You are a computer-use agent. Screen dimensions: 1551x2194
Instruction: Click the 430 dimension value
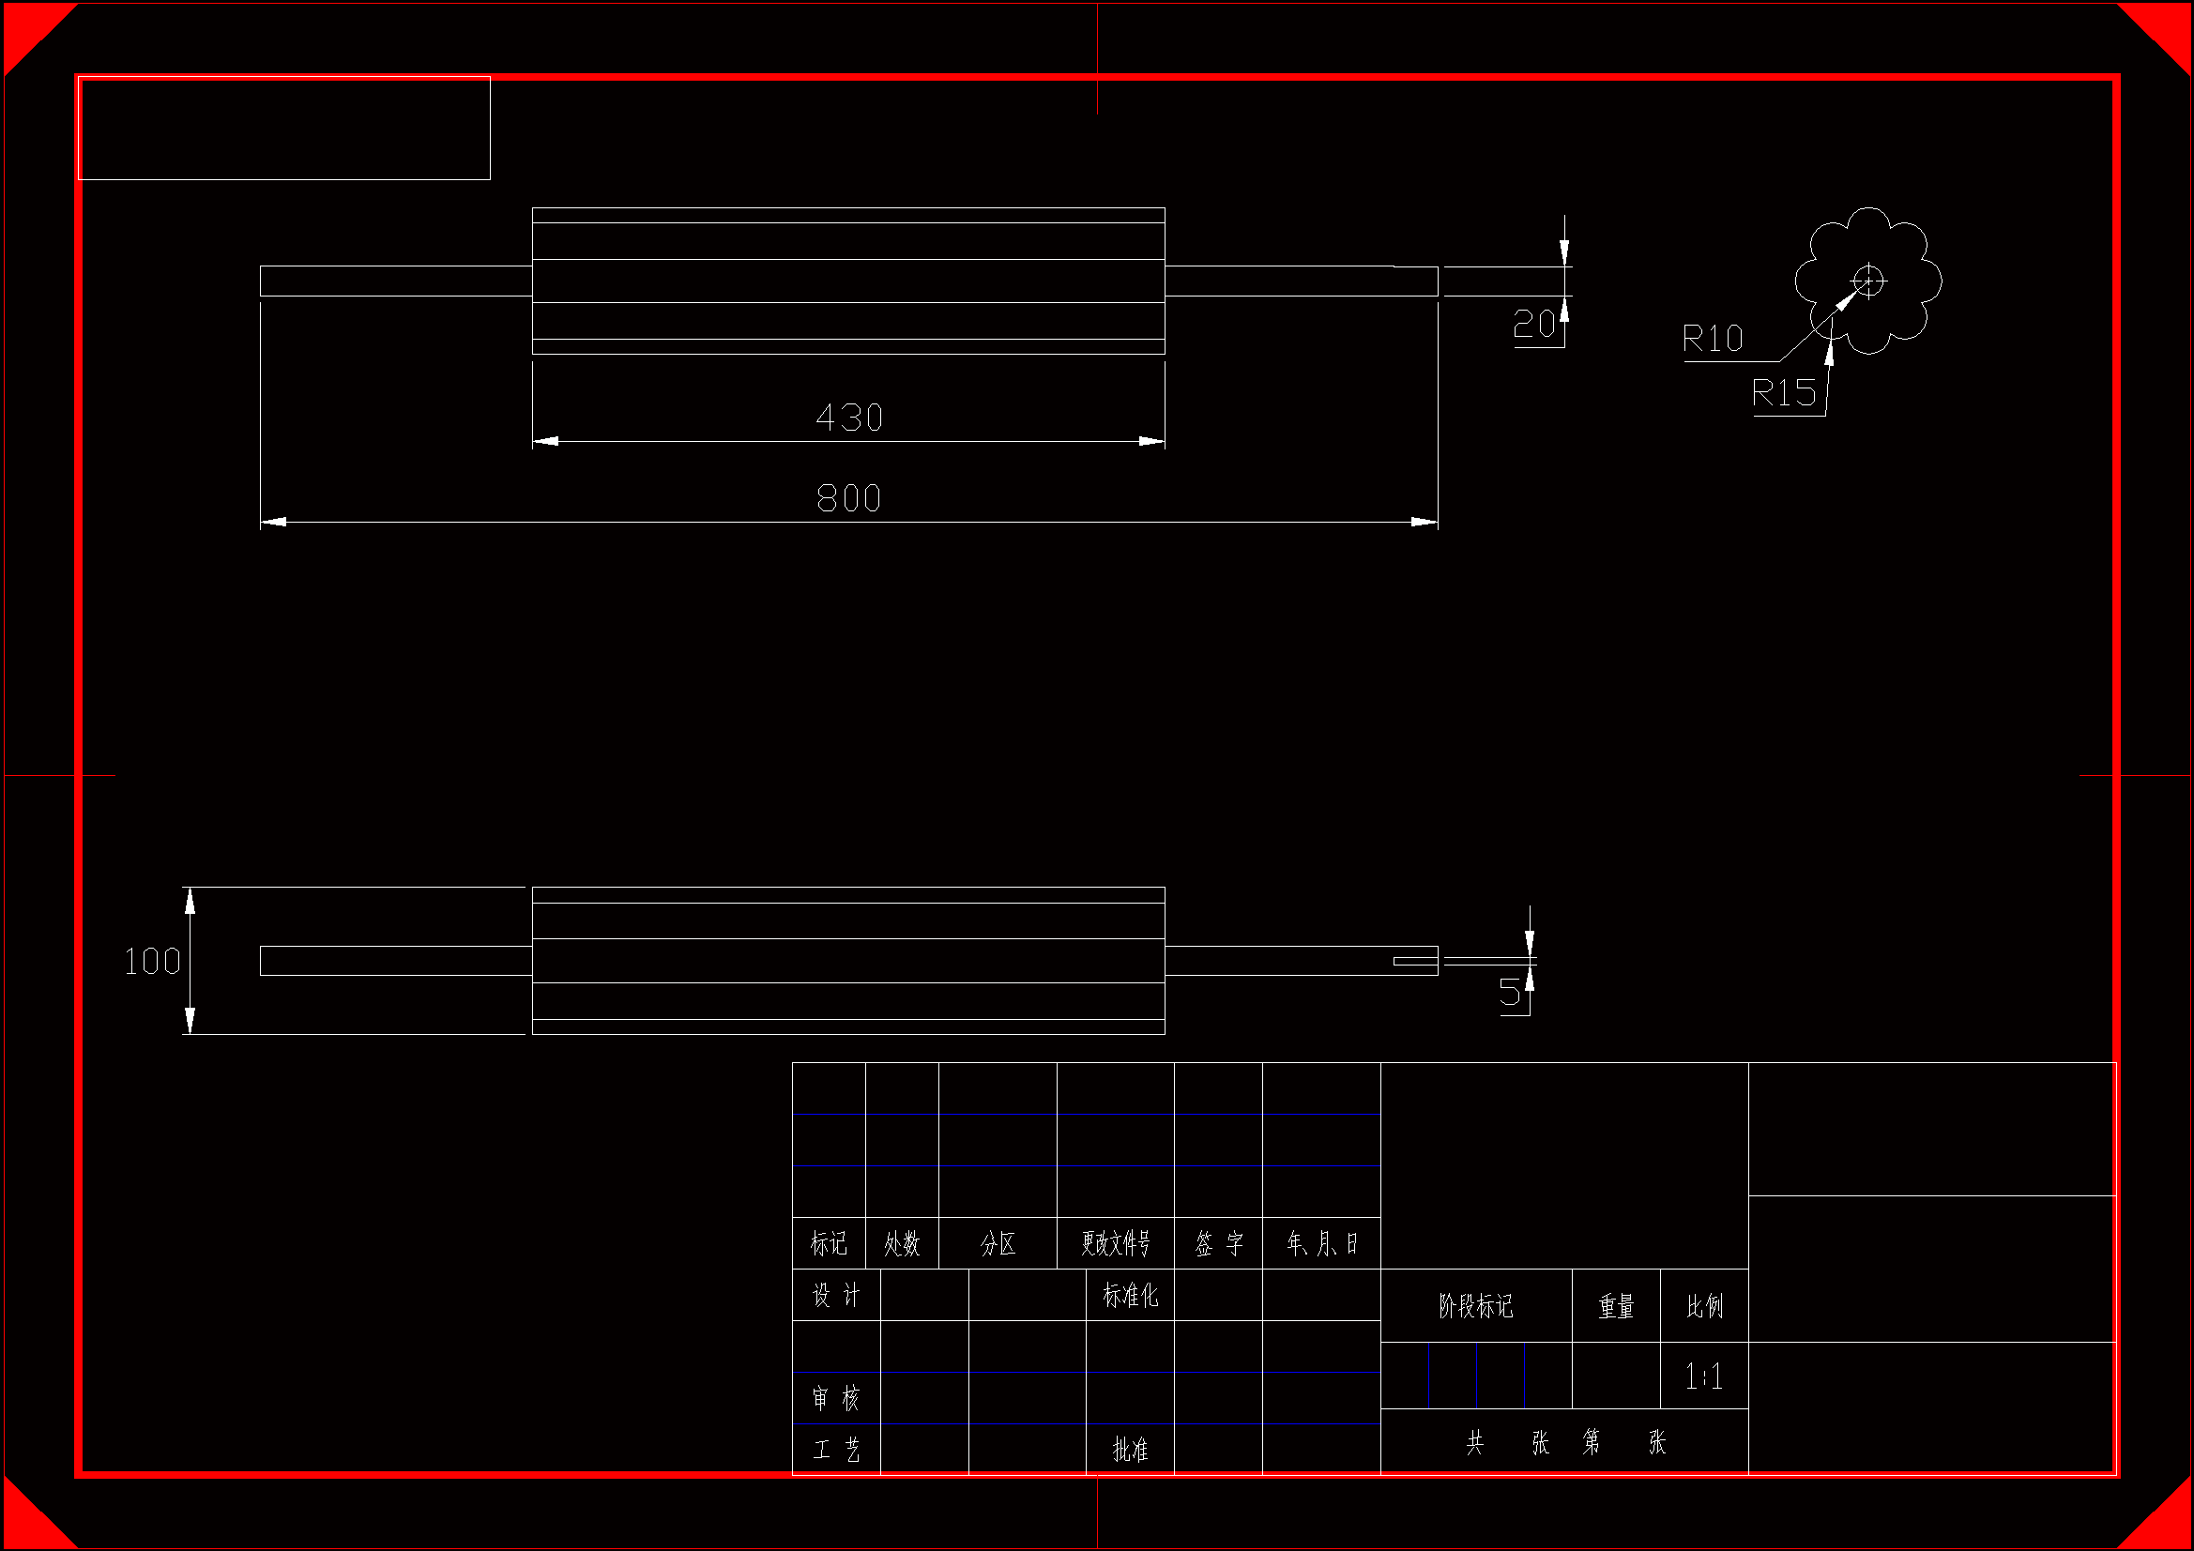(849, 418)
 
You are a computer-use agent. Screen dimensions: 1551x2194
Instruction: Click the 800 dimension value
(848, 498)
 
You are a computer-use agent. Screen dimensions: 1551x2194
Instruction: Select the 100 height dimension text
(152, 962)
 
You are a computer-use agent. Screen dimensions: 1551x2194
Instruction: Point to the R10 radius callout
(1713, 340)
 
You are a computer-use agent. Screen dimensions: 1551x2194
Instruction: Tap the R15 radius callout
(1783, 393)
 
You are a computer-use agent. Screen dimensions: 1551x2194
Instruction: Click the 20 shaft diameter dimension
(1533, 325)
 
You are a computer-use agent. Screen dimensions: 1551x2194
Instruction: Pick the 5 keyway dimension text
(1509, 992)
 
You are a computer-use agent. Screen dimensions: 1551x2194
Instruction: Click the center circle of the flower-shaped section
(1868, 281)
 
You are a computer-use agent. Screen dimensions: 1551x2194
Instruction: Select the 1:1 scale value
(1704, 1377)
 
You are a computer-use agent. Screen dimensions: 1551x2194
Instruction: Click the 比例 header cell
(1705, 1306)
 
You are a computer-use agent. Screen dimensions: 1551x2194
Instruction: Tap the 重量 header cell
(1617, 1306)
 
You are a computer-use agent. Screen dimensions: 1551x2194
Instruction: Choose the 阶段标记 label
(1476, 1306)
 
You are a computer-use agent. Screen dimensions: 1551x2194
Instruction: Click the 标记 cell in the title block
(829, 1243)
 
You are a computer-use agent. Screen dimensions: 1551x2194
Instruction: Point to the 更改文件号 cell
(1115, 1243)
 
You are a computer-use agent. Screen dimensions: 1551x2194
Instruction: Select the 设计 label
(836, 1295)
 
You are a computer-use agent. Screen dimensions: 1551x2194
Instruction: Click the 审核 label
(836, 1398)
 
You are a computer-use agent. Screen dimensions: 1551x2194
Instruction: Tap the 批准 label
(1131, 1450)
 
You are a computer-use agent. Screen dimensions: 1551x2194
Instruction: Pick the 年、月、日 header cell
(1321, 1243)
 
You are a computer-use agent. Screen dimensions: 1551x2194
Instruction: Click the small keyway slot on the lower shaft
(1415, 962)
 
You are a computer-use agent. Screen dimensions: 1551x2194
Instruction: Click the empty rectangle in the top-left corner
(283, 128)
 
